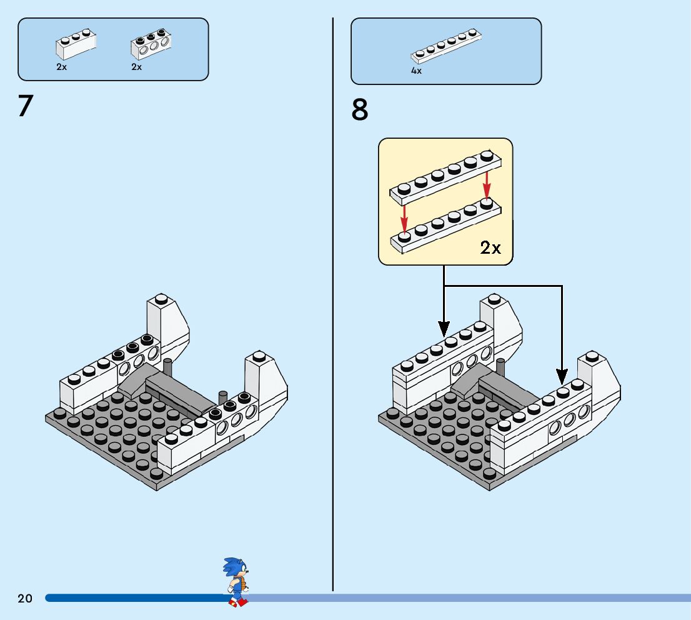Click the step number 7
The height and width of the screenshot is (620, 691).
pyautogui.click(x=26, y=106)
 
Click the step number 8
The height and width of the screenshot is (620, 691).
pyautogui.click(x=360, y=110)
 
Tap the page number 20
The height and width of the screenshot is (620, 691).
pyautogui.click(x=25, y=598)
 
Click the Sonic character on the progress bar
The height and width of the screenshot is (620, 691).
pyautogui.click(x=236, y=582)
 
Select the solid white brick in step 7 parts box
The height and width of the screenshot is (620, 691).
pyautogui.click(x=76, y=44)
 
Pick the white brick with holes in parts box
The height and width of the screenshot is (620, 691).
pyautogui.click(x=151, y=44)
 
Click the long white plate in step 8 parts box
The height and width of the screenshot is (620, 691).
pyautogui.click(x=446, y=46)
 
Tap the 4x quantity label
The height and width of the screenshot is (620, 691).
pyautogui.click(x=416, y=71)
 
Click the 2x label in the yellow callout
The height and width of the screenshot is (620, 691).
pyautogui.click(x=490, y=248)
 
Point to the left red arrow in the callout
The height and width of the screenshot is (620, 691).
pyautogui.click(x=404, y=219)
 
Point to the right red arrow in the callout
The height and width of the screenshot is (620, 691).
pyautogui.click(x=487, y=185)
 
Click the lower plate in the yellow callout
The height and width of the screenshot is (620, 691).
pyautogui.click(x=446, y=226)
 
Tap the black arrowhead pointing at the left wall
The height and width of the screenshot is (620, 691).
pyautogui.click(x=444, y=329)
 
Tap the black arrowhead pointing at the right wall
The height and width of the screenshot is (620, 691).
pyautogui.click(x=562, y=377)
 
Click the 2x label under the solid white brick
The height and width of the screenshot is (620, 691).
pyautogui.click(x=62, y=67)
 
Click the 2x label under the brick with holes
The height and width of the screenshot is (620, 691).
pyautogui.click(x=137, y=67)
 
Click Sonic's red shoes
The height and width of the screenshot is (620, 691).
pyautogui.click(x=238, y=602)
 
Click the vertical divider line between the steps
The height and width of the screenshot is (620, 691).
pyautogui.click(x=333, y=304)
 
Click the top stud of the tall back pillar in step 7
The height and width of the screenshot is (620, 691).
pyautogui.click(x=161, y=299)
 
